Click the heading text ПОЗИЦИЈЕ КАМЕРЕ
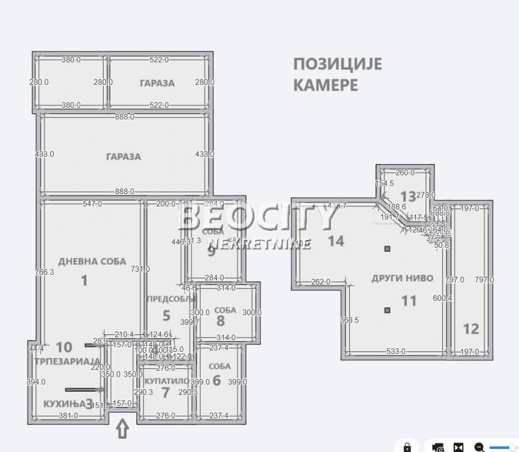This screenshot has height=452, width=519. click(x=338, y=74)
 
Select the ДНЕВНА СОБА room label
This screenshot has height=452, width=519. click(x=92, y=262)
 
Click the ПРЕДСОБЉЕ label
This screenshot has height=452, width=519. click(x=171, y=299)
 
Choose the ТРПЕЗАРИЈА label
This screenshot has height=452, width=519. click(x=67, y=361)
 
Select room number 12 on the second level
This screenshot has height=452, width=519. click(x=471, y=328)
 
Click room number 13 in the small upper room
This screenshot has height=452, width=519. click(x=408, y=196)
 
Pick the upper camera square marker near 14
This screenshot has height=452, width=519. click(x=388, y=248)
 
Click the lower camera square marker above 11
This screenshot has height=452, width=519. click(x=387, y=310)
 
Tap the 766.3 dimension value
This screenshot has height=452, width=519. click(x=44, y=272)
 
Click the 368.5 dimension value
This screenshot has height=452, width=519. click(x=349, y=320)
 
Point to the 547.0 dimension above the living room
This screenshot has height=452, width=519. click(x=93, y=204)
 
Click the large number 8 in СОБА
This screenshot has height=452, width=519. click(x=221, y=321)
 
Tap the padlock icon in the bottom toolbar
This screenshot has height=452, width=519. click(x=408, y=447)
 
